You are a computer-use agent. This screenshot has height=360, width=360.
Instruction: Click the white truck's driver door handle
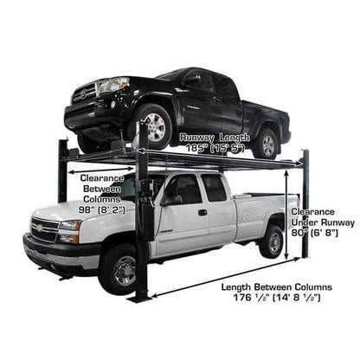click(202, 212)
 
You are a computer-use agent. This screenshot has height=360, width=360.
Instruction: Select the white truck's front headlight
click(67, 232)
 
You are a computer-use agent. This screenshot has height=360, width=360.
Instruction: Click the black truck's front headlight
click(112, 86)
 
